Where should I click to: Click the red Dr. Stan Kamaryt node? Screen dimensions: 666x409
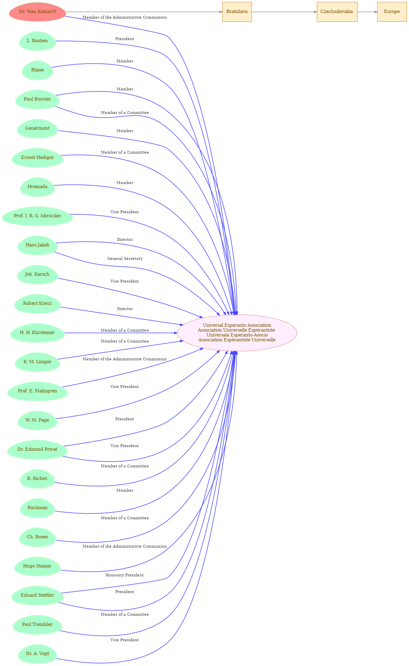pos(37,12)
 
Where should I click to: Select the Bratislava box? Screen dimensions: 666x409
pos(237,12)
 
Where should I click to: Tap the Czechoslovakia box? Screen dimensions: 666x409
pos(337,12)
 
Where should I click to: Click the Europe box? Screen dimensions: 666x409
pos(392,12)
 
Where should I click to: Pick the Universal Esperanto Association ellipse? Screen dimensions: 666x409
pos(237,333)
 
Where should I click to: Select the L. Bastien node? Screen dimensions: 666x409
pos(37,41)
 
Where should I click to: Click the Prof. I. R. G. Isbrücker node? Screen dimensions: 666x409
pos(37,216)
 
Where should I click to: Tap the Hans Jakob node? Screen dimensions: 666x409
pos(37,245)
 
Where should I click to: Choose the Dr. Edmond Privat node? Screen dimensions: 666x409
pos(37,450)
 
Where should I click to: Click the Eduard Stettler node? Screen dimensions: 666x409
pos(37,595)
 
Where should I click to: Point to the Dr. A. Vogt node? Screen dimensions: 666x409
pos(37,654)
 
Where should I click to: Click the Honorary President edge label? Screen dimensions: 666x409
pos(125,575)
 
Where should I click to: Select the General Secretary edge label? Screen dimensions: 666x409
pos(125,259)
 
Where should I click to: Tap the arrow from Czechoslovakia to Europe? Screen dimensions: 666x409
pos(367,12)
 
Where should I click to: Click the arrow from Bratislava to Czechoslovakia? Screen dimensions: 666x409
pos(284,12)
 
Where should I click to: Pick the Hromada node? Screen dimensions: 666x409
pos(37,187)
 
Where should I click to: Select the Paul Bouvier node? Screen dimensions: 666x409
pos(37,99)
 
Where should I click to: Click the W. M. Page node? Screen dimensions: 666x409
pos(37,420)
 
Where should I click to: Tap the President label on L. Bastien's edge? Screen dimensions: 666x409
pos(125,39)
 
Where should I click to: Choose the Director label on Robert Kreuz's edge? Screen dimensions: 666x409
pos(125,309)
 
